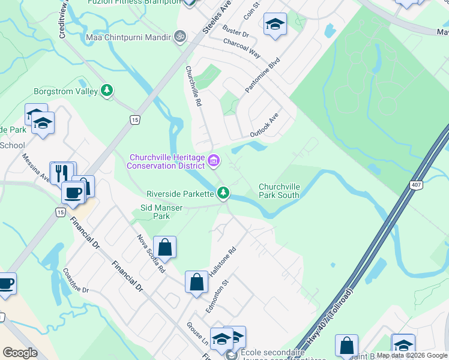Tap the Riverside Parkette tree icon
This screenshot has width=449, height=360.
point(223,193)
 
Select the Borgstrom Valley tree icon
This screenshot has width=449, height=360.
point(107,91)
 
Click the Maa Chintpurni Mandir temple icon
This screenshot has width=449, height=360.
point(178,37)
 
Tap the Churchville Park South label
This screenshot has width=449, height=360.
point(279,190)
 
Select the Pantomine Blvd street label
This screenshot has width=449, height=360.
point(263,76)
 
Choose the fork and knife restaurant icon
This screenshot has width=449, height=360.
point(62,172)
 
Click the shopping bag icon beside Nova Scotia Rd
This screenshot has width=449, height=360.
point(164,246)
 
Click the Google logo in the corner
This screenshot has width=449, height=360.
point(20,353)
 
